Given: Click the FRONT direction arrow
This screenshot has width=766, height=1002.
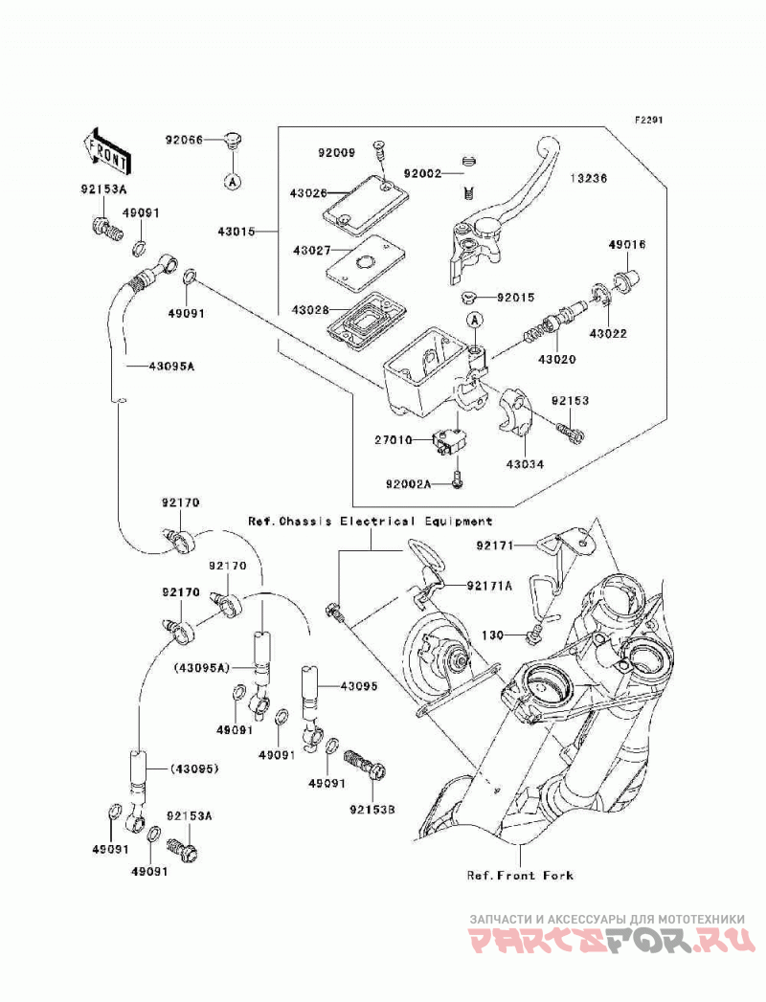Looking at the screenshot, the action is coord(106,151).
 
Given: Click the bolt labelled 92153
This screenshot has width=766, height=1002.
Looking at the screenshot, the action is coord(571,433).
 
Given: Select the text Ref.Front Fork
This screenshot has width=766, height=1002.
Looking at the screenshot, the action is coord(520,875).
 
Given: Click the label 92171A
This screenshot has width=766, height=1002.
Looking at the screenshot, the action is coord(489,586).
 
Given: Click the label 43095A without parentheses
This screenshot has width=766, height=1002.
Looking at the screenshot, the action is coord(171,367).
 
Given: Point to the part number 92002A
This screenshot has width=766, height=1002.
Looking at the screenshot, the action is coord(408,484).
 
